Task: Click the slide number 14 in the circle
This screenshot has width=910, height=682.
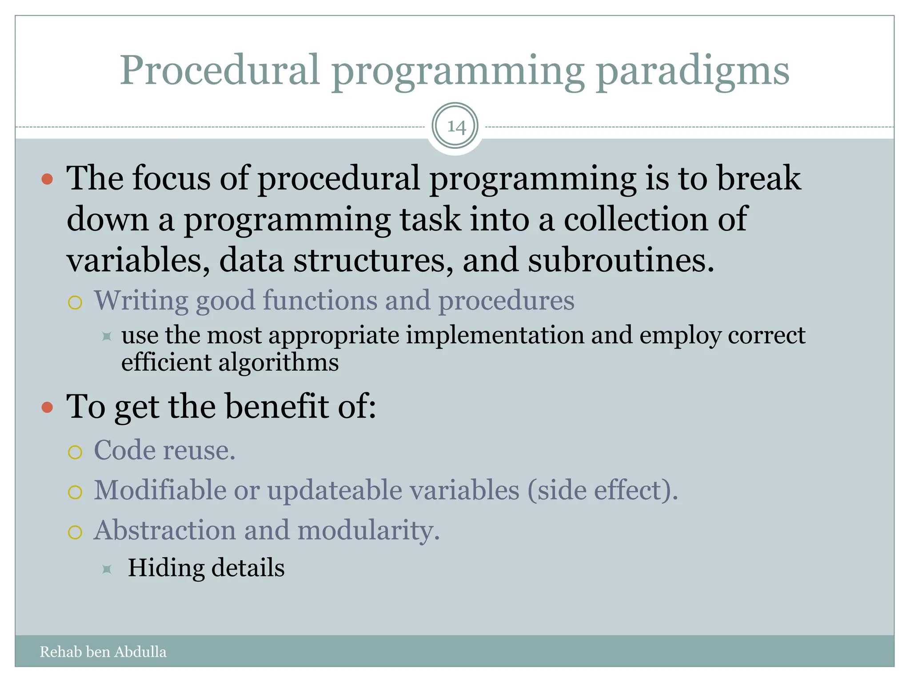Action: [x=456, y=127]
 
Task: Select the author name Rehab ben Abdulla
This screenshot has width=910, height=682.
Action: [x=103, y=652]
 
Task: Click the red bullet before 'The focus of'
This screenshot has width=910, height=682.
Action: [x=47, y=179]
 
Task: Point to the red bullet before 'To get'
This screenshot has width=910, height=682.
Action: [x=47, y=408]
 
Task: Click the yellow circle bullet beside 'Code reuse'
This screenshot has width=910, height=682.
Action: [x=75, y=452]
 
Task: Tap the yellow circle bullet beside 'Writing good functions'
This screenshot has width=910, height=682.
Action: [x=75, y=303]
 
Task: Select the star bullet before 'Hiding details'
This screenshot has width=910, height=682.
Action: [x=107, y=569]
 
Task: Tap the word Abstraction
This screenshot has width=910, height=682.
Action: [x=165, y=530]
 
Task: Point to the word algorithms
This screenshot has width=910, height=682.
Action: [x=278, y=363]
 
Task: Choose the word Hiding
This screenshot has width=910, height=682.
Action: [x=165, y=568]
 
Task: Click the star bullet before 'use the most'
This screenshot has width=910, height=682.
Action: [x=107, y=336]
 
